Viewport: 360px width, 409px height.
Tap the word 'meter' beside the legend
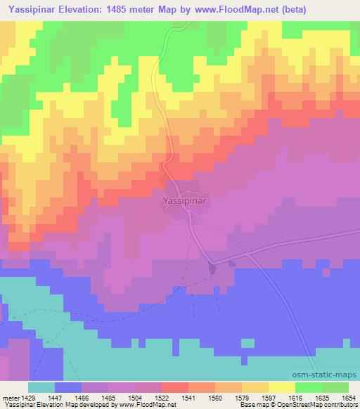[x=11, y=397]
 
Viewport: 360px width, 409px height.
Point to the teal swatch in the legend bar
[x=41, y=387]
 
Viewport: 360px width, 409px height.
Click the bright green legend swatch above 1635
[x=309, y=387]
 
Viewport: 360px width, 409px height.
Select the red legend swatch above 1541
[x=175, y=387]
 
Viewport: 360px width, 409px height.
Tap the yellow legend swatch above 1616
[x=282, y=387]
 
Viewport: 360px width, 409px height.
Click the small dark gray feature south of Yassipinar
[x=212, y=267]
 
